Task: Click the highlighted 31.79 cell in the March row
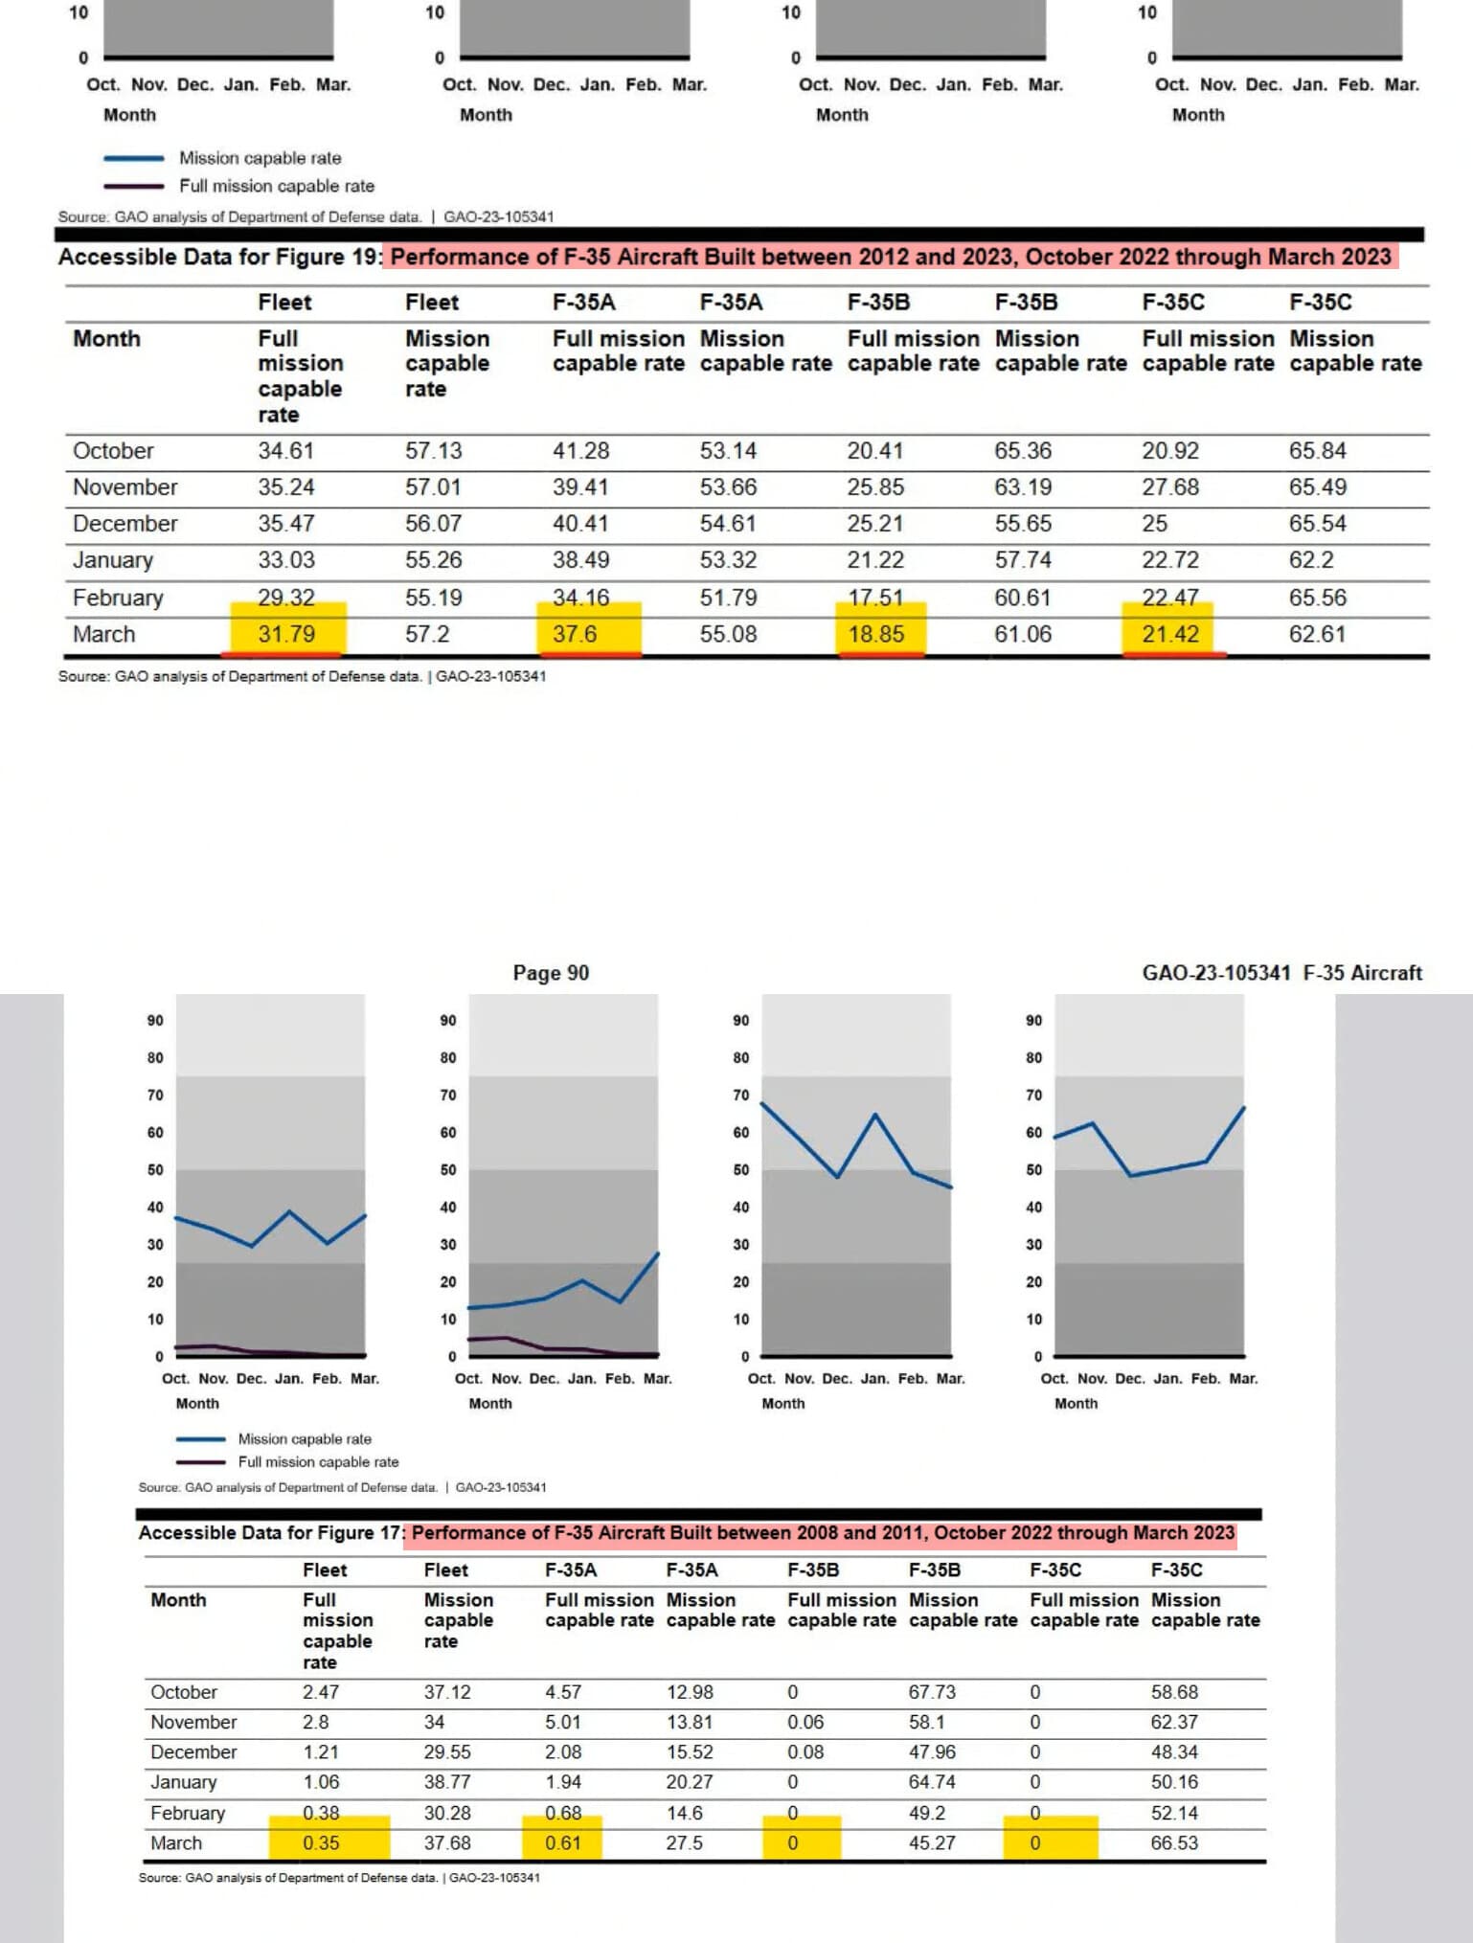[x=286, y=634]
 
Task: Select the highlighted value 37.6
[x=575, y=634]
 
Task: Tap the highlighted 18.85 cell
[x=875, y=634]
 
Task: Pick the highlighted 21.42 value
[x=1169, y=634]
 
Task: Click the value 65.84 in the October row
[x=1317, y=451]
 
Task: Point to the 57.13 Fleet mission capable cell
[x=433, y=451]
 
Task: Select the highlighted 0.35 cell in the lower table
[x=321, y=1842]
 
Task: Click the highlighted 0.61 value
[x=563, y=1842]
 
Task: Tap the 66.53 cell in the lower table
[x=1174, y=1842]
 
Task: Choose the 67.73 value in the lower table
[x=932, y=1692]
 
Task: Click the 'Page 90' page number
[x=551, y=973]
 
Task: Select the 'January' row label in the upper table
[x=113, y=560]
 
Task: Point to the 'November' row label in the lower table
[x=193, y=1722]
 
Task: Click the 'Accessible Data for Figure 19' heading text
[x=218, y=257]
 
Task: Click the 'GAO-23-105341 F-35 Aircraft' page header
[x=1281, y=973]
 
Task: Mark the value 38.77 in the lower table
[x=447, y=1782]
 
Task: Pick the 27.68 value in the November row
[x=1169, y=487]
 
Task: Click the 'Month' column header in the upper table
[x=106, y=339]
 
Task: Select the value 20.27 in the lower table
[x=690, y=1782]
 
